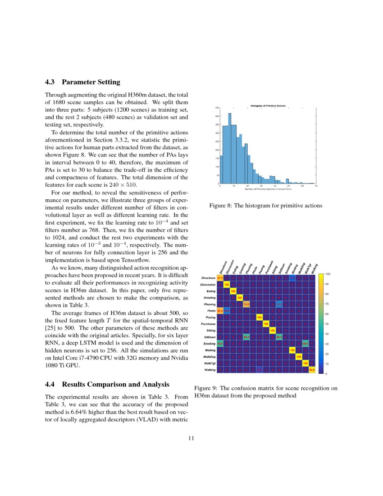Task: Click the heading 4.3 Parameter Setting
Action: (x=82, y=82)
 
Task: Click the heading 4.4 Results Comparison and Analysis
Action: (x=107, y=385)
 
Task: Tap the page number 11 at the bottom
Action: (x=191, y=438)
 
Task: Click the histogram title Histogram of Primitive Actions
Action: (x=268, y=106)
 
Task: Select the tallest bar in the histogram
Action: (x=229, y=149)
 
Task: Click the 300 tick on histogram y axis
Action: (x=216, y=133)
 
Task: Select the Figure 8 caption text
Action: (x=266, y=206)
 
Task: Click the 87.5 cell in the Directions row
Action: (x=220, y=278)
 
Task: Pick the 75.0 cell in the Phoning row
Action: (x=246, y=304)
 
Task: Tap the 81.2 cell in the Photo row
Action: (x=220, y=311)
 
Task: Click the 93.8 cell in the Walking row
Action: (x=312, y=370)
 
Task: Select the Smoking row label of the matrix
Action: (x=208, y=344)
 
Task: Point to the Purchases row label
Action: (x=206, y=324)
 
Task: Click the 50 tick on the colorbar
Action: (x=328, y=324)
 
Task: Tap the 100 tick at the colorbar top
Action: (x=328, y=274)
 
